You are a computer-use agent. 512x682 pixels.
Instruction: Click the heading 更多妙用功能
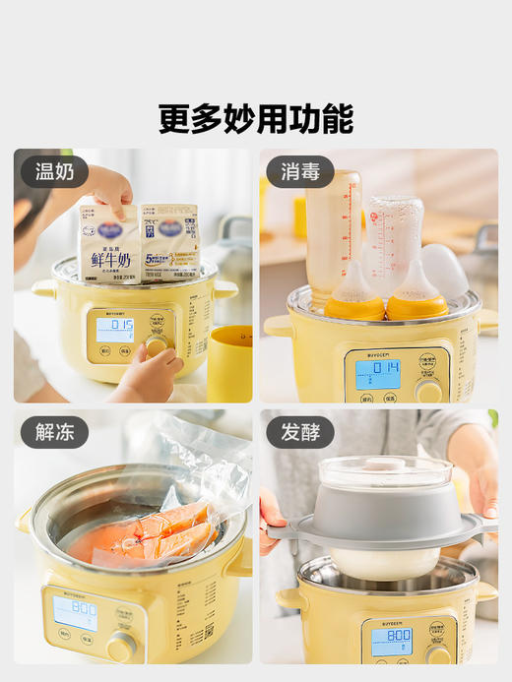(256, 118)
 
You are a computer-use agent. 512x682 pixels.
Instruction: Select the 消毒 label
(300, 171)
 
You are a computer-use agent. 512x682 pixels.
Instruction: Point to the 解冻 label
(55, 431)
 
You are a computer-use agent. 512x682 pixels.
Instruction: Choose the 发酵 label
(300, 431)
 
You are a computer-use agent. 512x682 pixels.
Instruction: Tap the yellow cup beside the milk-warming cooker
(229, 364)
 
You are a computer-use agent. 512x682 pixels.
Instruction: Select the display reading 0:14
(377, 371)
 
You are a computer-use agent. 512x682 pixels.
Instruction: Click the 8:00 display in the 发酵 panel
(392, 639)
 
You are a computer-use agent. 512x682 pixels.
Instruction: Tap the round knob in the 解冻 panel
(122, 646)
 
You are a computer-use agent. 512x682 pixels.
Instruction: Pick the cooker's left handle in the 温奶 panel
(43, 288)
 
